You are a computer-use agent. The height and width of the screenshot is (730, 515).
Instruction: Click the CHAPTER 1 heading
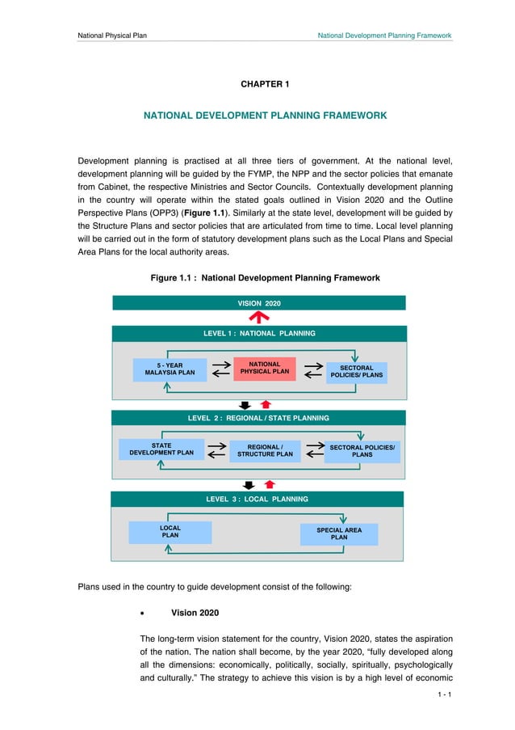coord(265,84)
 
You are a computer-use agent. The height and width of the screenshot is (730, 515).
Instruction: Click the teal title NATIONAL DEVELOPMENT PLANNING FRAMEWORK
coord(265,116)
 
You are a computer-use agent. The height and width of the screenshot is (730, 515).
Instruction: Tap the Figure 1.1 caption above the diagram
coord(265,278)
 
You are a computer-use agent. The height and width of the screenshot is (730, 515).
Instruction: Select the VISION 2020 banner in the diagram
coord(258,303)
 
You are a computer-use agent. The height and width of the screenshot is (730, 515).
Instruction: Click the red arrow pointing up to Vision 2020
coord(258,318)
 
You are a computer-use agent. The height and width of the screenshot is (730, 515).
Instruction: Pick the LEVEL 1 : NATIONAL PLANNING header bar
coord(258,333)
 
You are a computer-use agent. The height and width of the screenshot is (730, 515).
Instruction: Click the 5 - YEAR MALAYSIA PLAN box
coord(170,369)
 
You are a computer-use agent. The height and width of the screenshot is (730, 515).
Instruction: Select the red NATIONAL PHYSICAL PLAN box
coord(264,369)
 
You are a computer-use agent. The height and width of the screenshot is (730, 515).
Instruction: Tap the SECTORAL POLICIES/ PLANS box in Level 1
coord(356,372)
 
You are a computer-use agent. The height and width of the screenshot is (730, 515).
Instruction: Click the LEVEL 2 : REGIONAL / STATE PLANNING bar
coord(258,418)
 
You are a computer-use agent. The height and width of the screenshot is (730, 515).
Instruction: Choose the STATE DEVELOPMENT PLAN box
coord(161,449)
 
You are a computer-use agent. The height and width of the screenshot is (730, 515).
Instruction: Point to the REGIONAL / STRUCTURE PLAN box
coord(265,451)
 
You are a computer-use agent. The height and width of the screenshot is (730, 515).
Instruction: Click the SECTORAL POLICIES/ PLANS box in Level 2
coord(362,451)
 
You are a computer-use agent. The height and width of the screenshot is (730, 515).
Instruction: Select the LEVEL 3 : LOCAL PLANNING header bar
coord(258,500)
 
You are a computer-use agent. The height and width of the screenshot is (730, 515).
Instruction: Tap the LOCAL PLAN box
coord(170,532)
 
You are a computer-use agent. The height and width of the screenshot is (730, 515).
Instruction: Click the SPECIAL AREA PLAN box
coord(339,534)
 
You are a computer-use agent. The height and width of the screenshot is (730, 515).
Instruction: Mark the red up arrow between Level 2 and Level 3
coord(270,485)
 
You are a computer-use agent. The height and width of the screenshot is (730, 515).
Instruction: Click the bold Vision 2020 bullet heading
coord(194,614)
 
